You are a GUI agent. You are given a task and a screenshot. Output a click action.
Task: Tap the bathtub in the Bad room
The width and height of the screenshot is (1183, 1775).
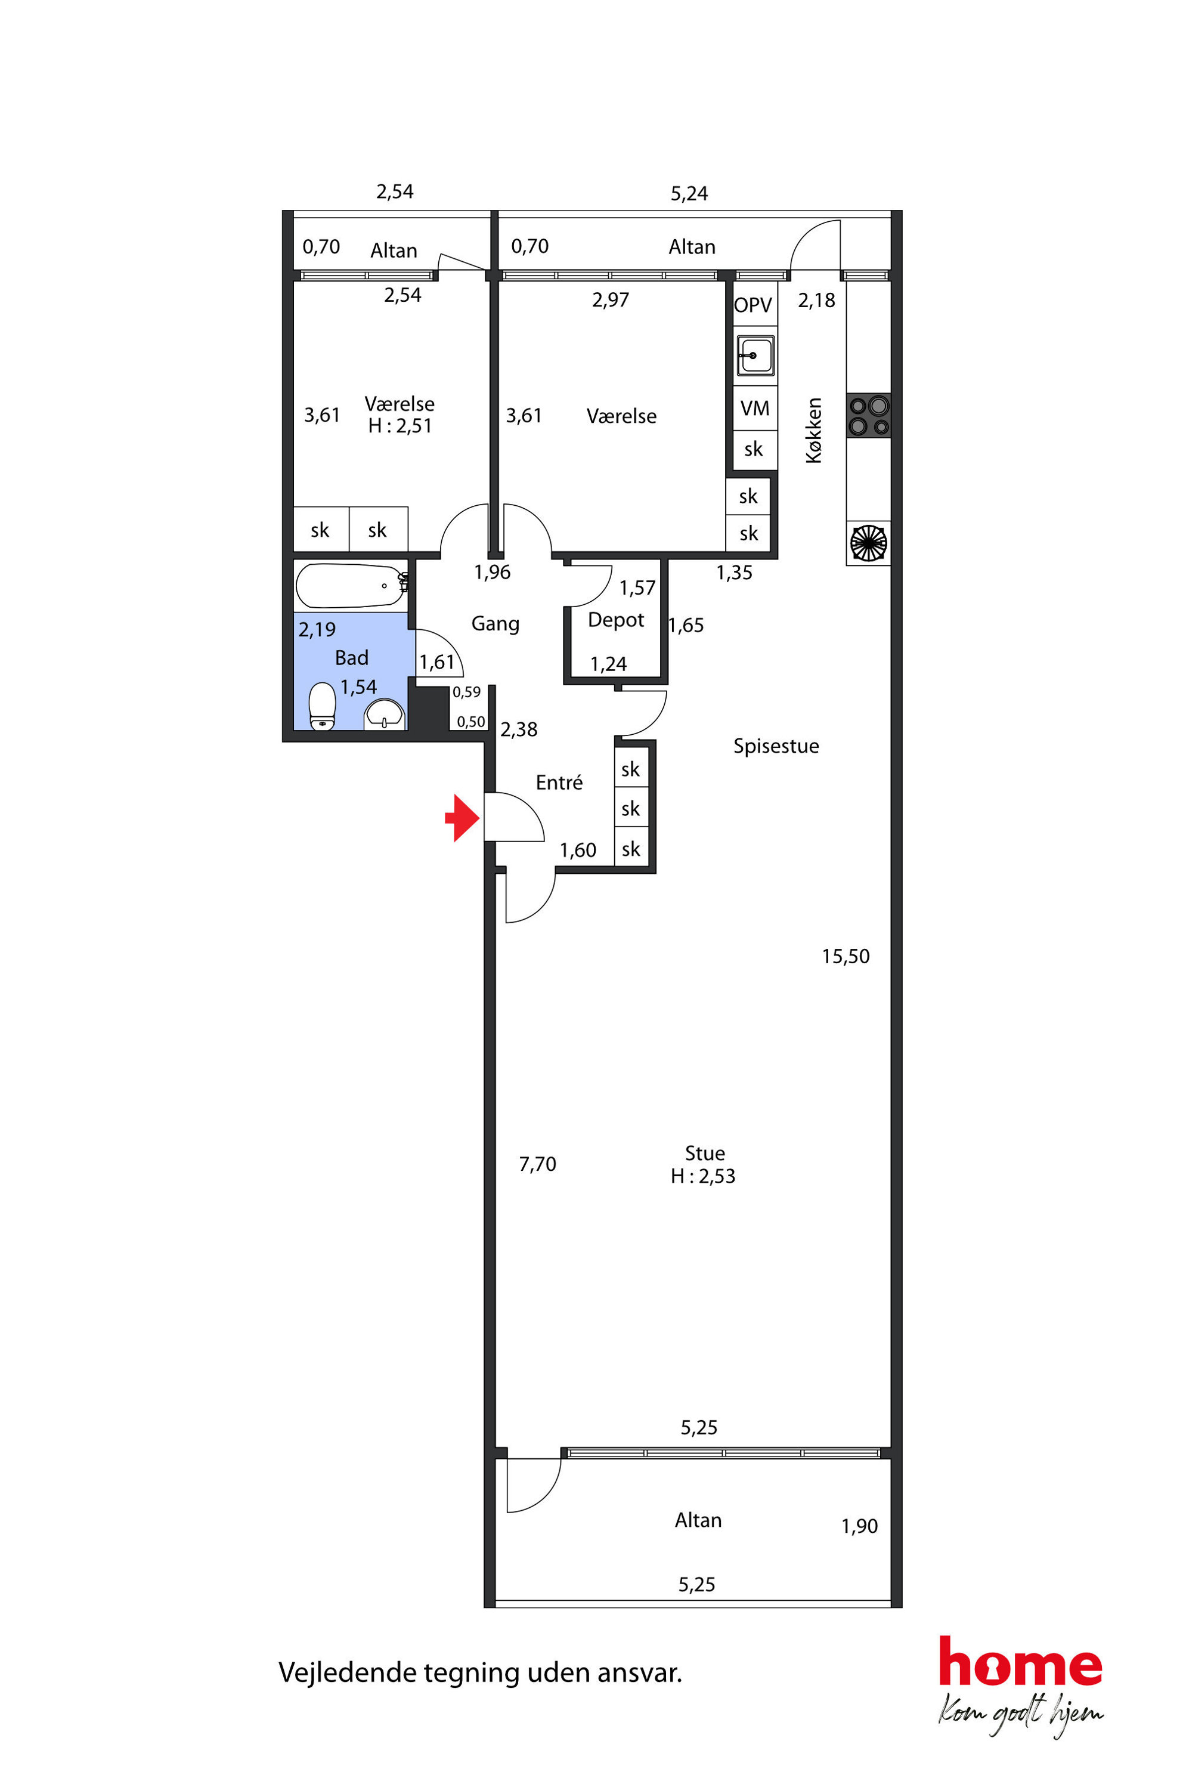[x=352, y=586]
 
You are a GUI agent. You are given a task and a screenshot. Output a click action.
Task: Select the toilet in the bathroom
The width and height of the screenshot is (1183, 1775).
[x=322, y=706]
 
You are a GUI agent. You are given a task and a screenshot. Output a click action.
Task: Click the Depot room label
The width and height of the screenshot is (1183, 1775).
[x=615, y=620]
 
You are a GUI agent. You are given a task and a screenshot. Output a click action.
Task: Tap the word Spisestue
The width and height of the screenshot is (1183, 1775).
[x=776, y=746]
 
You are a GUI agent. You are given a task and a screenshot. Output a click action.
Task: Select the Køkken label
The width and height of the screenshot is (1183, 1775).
[x=813, y=430]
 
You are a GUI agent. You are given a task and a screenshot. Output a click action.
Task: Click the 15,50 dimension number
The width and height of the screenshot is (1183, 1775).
[x=846, y=957]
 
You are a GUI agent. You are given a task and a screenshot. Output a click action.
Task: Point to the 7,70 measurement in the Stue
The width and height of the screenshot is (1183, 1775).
[x=537, y=1164]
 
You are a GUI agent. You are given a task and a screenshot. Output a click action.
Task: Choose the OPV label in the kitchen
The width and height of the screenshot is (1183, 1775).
[x=753, y=305]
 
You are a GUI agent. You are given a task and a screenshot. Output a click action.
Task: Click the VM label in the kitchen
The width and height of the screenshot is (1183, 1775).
[x=754, y=409]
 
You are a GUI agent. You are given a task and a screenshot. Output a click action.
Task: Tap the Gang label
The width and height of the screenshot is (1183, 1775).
[x=496, y=624]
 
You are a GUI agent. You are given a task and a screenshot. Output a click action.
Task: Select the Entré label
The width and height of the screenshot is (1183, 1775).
[x=559, y=783]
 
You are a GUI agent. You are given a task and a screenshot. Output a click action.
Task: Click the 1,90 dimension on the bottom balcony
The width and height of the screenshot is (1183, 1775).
[x=859, y=1527]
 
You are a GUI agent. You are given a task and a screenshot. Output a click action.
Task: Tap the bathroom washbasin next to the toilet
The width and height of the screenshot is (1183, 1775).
[x=385, y=715]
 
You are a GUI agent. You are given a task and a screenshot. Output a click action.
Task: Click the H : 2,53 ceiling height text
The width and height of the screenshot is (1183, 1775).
[x=702, y=1177]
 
